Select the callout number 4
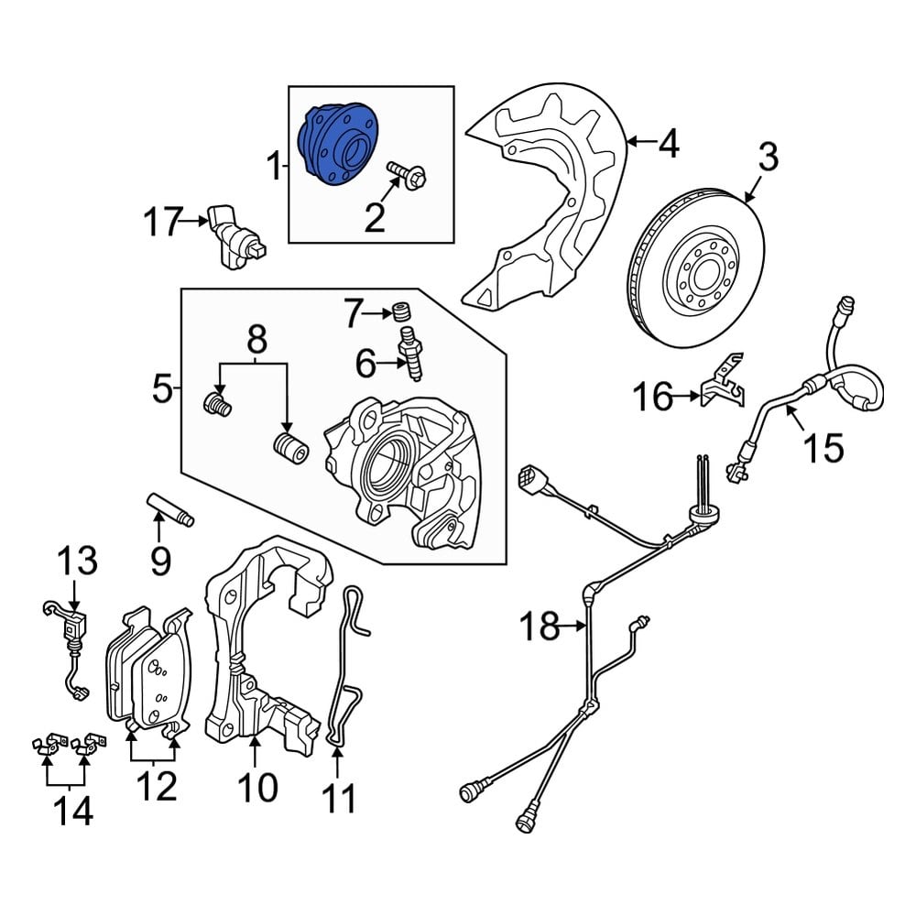670,143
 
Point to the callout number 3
768,158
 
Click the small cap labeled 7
400,312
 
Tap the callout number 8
256,341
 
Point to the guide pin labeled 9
170,510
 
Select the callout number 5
161,392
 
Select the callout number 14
71,810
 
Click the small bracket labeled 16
723,384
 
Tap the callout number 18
540,627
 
